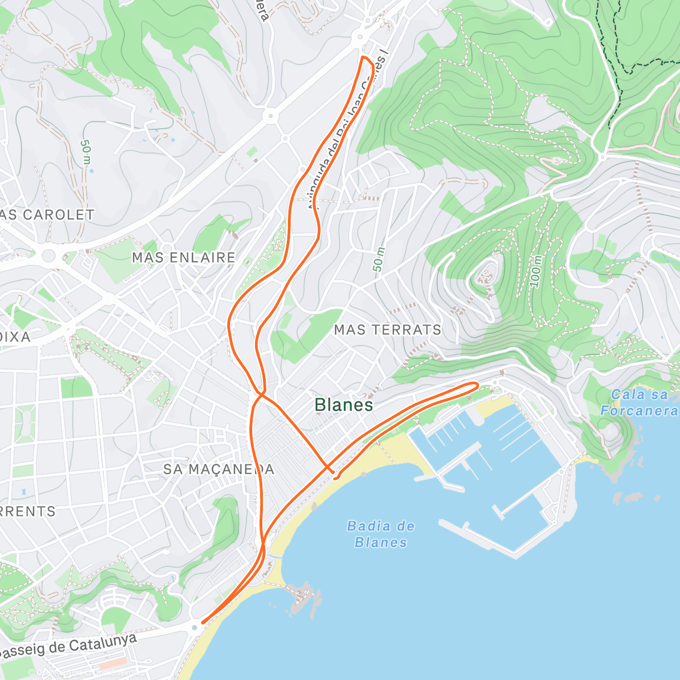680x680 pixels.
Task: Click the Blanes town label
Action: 343,405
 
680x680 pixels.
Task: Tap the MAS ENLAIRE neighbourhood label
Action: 184,257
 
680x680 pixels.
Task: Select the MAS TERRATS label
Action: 388,329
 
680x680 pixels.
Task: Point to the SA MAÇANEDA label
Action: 219,469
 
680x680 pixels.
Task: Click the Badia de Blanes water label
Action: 381,534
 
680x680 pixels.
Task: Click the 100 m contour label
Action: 536,272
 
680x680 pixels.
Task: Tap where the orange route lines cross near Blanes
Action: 261,393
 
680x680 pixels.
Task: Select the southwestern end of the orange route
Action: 203,622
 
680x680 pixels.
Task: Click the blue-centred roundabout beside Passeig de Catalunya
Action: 195,627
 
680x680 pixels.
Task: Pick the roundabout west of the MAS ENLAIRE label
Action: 49,254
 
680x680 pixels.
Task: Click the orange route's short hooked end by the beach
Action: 335,478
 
